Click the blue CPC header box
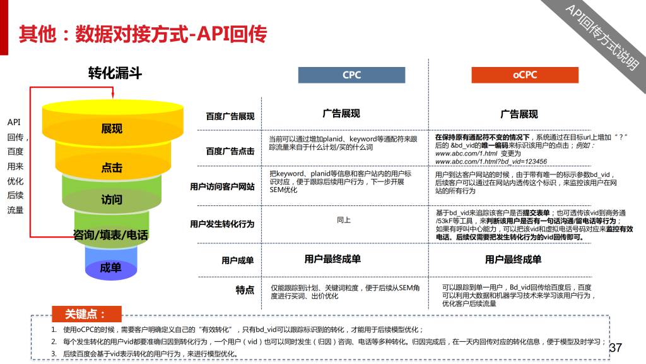point(351,75)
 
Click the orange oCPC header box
point(525,75)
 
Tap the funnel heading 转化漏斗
point(115,73)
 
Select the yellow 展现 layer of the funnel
point(112,124)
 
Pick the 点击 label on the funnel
point(112,167)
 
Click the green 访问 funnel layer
point(112,194)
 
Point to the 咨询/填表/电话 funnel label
point(110,235)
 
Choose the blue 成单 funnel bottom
point(111,264)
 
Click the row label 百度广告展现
point(230,116)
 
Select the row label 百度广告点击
point(230,151)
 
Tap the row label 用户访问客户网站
point(223,186)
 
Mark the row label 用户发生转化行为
point(223,224)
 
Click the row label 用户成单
point(238,260)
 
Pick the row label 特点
point(245,290)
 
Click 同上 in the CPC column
point(344,220)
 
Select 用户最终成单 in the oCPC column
point(513,260)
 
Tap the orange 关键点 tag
point(86,314)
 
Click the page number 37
point(616,348)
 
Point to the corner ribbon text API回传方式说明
point(602,37)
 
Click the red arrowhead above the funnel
point(113,95)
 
